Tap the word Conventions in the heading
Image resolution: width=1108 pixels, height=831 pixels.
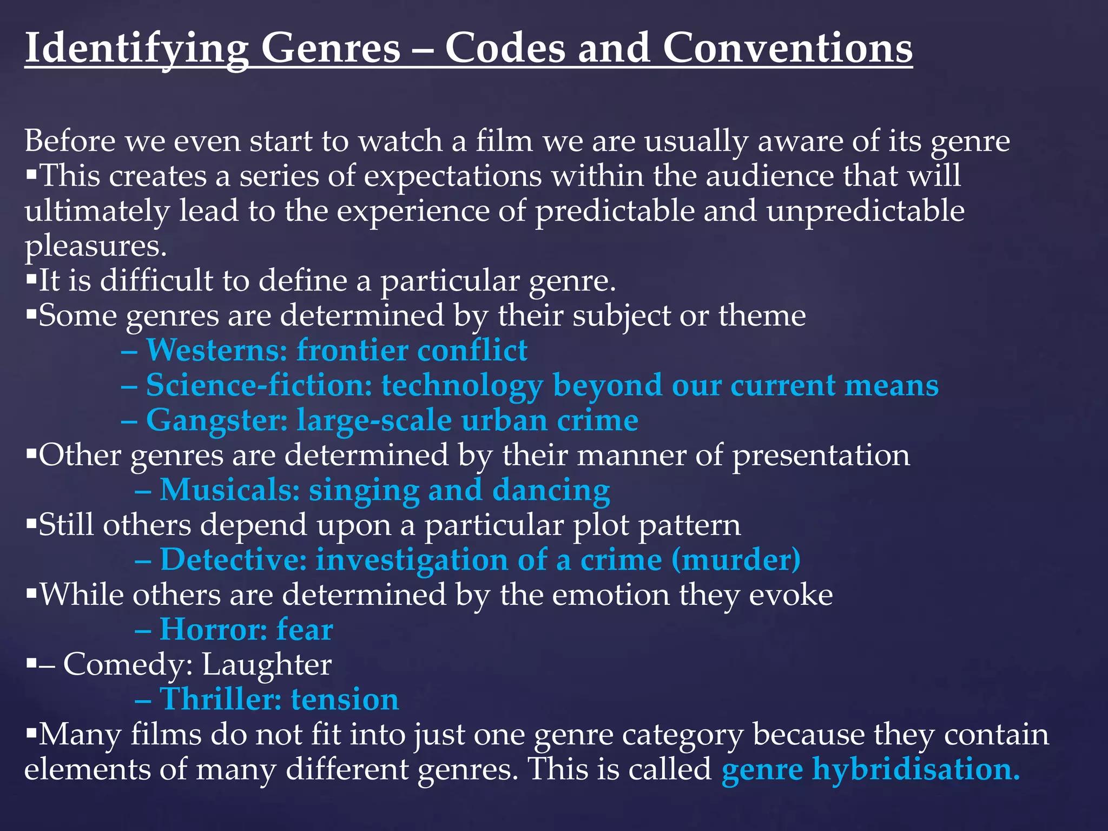[788, 49]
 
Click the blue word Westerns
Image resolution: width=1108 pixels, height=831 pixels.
[216, 350]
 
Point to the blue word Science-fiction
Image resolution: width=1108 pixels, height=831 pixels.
[259, 385]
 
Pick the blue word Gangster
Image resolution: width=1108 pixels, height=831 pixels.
[216, 420]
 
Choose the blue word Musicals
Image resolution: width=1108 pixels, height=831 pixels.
[230, 490]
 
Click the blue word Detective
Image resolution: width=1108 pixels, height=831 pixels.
[234, 559]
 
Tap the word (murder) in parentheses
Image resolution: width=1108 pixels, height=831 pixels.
[736, 559]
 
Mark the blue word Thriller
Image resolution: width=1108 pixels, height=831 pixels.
[221, 699]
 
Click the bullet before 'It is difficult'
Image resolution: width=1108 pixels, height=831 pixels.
[31, 280]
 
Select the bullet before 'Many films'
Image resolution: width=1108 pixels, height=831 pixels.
[31, 734]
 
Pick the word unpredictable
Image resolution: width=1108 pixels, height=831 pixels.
[865, 211]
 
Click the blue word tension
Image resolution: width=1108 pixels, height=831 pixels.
[345, 699]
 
